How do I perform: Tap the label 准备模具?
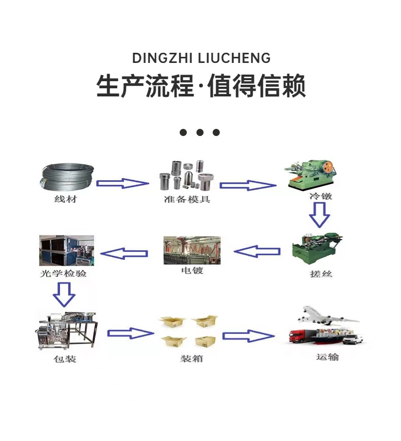(187, 199)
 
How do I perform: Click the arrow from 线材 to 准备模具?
(122, 183)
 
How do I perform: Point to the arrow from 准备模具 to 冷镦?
(247, 185)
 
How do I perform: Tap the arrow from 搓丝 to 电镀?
(257, 251)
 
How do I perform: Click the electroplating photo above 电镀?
(191, 250)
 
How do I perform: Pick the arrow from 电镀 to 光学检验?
(125, 253)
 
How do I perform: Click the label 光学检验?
(63, 274)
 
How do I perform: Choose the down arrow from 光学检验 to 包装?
(64, 293)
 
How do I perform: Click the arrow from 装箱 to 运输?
(248, 335)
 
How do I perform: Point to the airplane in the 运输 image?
(327, 316)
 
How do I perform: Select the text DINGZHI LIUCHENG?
(201, 58)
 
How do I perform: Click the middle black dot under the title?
(200, 132)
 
